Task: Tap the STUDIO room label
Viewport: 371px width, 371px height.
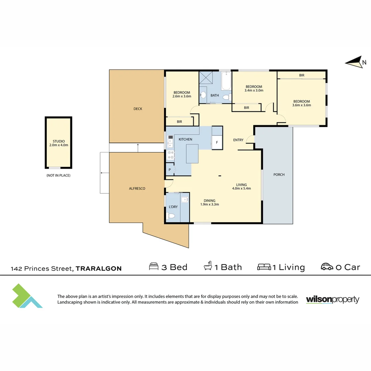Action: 59,141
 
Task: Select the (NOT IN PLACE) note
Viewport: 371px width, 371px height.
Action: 58,175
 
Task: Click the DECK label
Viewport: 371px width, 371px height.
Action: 138,109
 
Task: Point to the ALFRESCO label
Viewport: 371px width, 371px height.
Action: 137,189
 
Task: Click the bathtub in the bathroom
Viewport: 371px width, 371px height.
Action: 226,81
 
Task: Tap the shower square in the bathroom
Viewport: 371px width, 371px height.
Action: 206,78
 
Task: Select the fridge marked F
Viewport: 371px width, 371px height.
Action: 217,143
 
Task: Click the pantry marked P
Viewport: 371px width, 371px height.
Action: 170,169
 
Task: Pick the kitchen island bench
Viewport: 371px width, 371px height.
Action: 192,154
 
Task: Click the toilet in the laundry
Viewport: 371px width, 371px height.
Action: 171,216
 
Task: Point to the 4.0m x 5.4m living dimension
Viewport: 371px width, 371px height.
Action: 241,189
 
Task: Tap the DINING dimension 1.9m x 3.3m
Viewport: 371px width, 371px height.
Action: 210,204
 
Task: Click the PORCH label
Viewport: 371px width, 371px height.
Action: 279,175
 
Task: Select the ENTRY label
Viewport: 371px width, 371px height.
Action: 238,140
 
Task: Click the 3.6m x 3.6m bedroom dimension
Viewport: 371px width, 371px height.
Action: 302,105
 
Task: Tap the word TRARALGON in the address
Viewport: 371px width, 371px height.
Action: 99,269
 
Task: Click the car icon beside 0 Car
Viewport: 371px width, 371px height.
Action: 327,267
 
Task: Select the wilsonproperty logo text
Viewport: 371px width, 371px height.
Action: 333,300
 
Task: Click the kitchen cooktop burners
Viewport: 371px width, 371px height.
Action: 171,155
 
